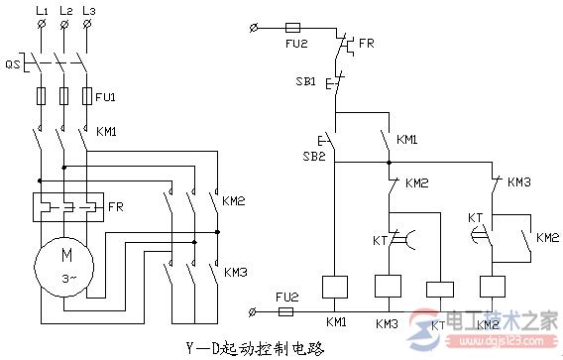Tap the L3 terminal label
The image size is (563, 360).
point(87,9)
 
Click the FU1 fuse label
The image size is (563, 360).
point(106,98)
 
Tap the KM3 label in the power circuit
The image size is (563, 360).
point(235,272)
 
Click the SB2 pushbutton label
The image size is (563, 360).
point(314,156)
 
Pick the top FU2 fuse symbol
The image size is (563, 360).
point(293,31)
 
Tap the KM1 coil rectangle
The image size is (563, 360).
point(336,287)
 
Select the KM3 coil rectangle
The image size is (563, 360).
point(387,287)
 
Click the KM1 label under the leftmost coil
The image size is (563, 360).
point(336,324)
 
